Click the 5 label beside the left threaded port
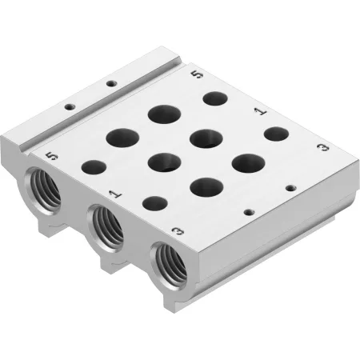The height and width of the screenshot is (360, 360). tap(52, 156)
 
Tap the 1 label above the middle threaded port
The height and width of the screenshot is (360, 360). tap(116, 194)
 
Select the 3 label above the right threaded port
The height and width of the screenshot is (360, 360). tap(178, 231)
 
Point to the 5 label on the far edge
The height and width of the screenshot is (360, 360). tap(198, 74)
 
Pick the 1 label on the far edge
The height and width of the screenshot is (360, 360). tap(260, 111)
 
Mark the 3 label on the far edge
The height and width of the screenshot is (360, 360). tap(323, 147)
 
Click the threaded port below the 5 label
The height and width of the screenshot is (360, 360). tap(43, 190)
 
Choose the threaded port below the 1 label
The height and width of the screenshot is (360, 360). tap(106, 227)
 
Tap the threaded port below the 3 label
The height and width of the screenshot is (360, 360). tap(169, 265)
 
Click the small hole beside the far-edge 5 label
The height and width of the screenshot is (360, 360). tap(215, 98)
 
